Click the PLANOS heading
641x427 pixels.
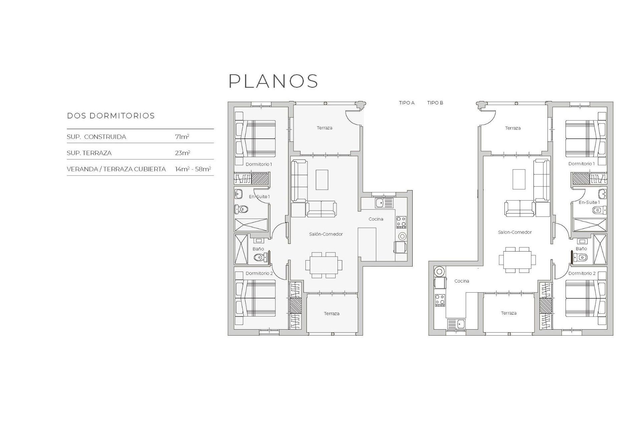(273, 81)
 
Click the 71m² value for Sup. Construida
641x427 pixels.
(182, 137)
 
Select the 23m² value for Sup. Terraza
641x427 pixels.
(182, 153)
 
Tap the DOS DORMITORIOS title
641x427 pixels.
(111, 116)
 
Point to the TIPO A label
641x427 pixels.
(407, 103)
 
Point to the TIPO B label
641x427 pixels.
(435, 103)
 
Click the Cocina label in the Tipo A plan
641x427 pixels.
(376, 219)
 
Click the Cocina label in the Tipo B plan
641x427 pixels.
(462, 281)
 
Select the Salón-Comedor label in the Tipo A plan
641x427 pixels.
(326, 234)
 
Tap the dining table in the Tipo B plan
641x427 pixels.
(517, 260)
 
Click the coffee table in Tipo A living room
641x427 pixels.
(322, 180)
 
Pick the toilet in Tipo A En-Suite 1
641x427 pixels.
(241, 209)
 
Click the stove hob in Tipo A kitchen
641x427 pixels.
(401, 222)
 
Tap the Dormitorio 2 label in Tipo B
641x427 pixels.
(582, 273)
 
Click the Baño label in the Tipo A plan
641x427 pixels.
(258, 249)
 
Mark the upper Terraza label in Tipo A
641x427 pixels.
(325, 128)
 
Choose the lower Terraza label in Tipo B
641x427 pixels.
(508, 313)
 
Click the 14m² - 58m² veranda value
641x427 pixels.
(193, 169)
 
